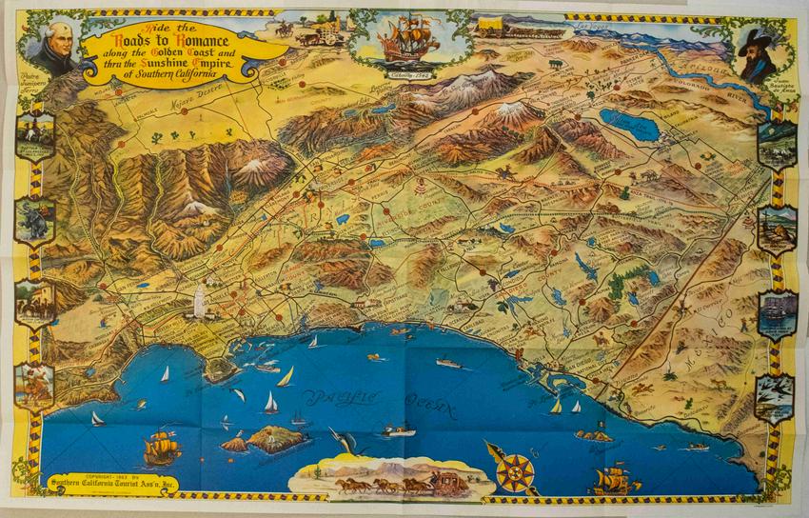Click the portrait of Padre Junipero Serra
click(54, 48)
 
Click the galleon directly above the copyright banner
click(162, 446)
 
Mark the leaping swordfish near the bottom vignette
click(341, 440)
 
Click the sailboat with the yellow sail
click(285, 377)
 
